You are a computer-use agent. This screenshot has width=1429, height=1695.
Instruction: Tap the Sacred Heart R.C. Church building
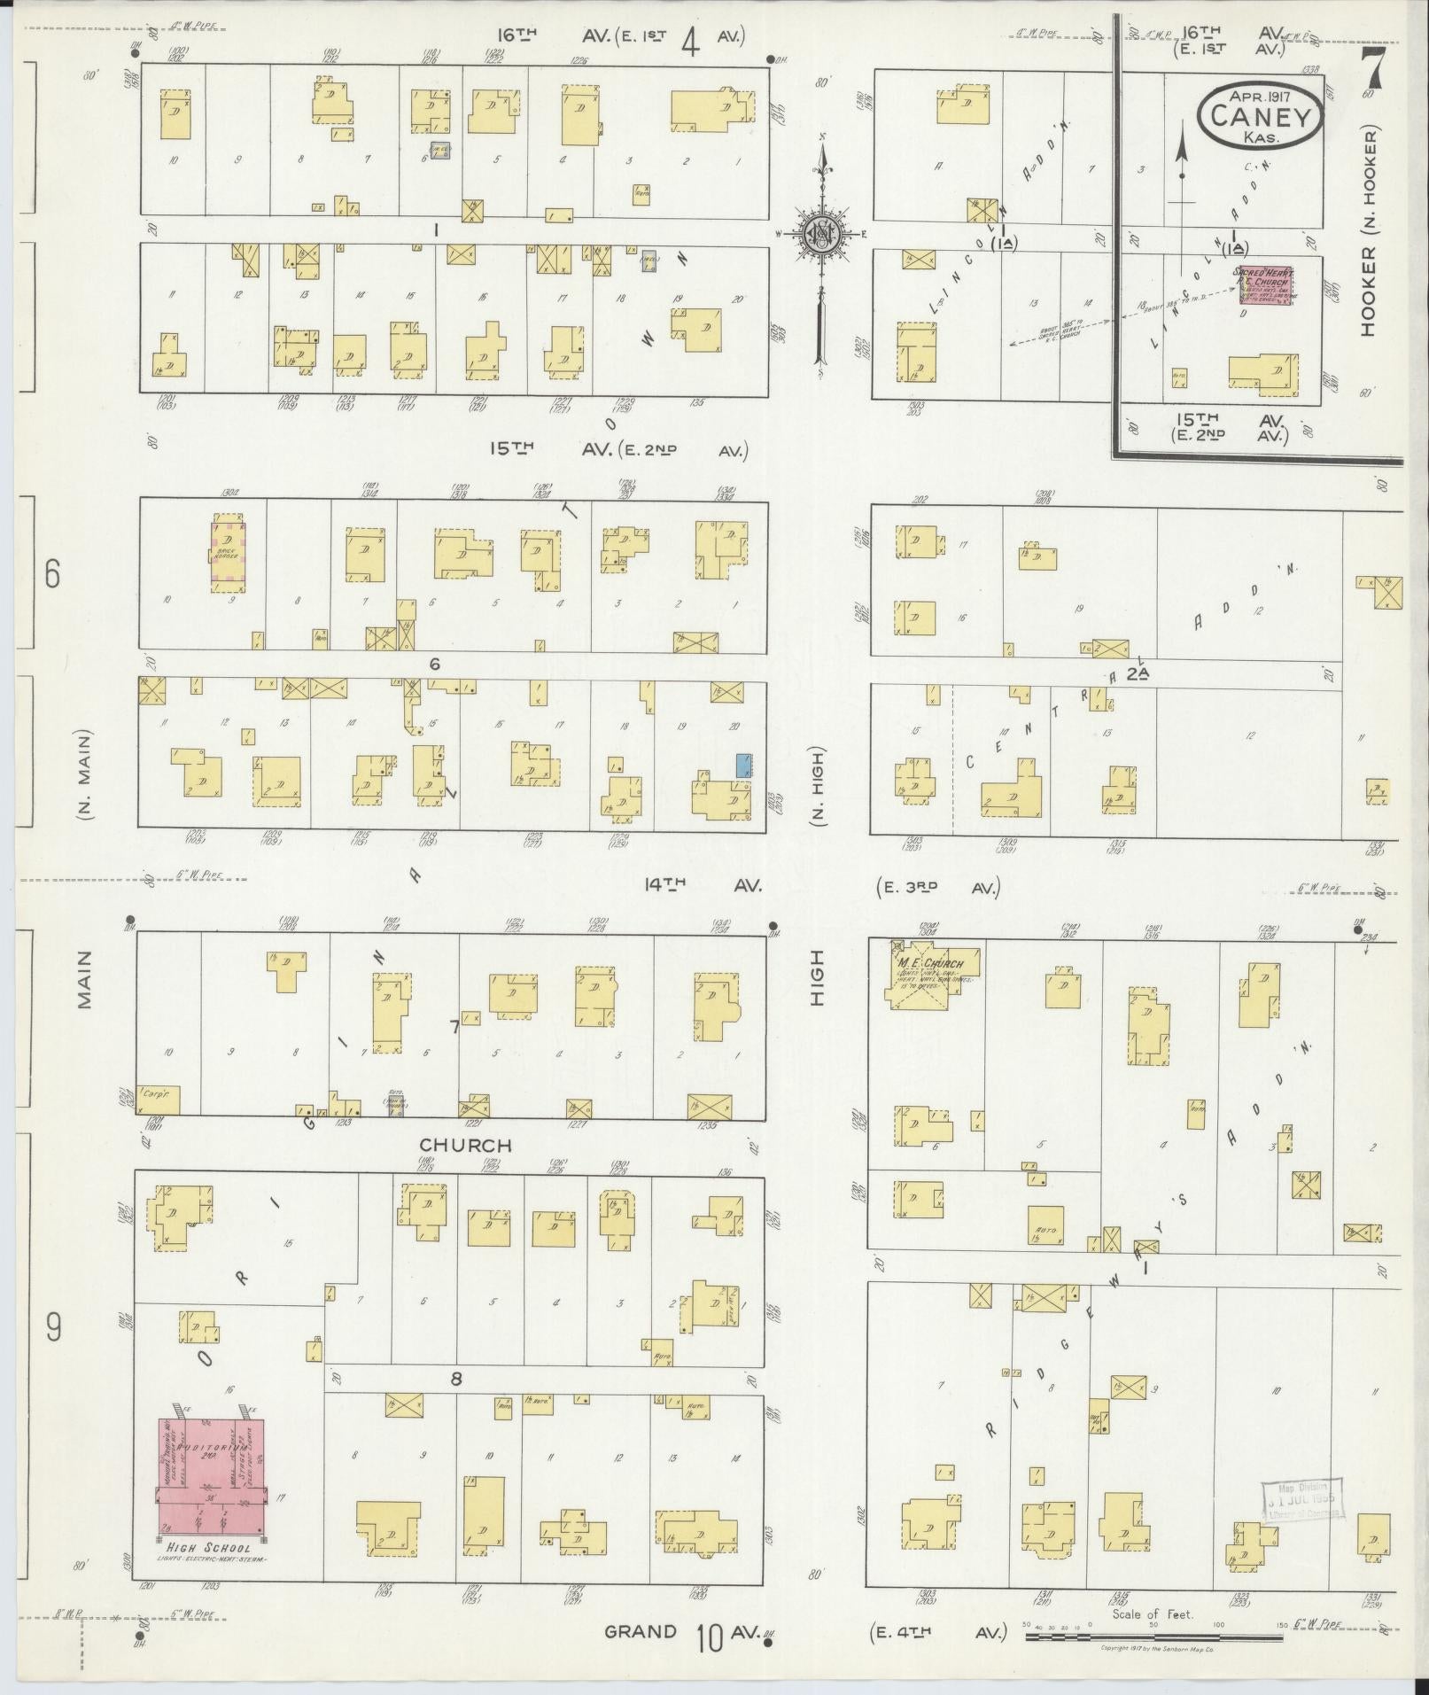[1266, 286]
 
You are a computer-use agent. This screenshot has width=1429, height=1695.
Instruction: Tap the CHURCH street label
[466, 1146]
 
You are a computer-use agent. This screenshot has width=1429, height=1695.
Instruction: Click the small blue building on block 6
[744, 765]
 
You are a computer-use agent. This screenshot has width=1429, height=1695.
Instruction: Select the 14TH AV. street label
[701, 884]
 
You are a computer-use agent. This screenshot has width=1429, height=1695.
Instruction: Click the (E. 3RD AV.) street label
[936, 887]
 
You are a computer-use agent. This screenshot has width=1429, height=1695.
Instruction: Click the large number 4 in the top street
[691, 42]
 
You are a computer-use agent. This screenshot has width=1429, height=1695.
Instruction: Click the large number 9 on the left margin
[54, 1326]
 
